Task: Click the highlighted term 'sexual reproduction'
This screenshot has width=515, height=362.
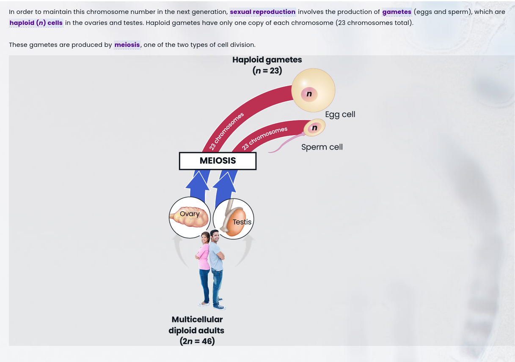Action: point(262,12)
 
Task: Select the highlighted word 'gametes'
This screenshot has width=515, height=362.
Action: point(397,12)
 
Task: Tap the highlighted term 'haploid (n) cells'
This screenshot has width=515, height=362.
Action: point(36,23)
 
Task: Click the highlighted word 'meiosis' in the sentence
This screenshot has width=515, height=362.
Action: point(127,45)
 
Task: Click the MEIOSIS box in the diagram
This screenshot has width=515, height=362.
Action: point(218,161)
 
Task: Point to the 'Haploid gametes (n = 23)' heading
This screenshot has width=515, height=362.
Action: point(267,65)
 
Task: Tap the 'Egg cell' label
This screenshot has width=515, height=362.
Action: point(340,114)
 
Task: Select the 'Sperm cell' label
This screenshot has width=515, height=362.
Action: point(322,147)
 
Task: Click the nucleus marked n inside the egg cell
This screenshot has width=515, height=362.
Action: point(309,94)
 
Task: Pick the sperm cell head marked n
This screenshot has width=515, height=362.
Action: point(314,128)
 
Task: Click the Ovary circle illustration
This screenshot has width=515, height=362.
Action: point(190,217)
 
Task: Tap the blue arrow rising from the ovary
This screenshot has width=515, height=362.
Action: point(198,184)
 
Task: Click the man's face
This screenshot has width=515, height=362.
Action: point(215,236)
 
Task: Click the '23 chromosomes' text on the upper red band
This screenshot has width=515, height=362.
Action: point(227,131)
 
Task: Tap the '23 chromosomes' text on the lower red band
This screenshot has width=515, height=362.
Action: point(264,138)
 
